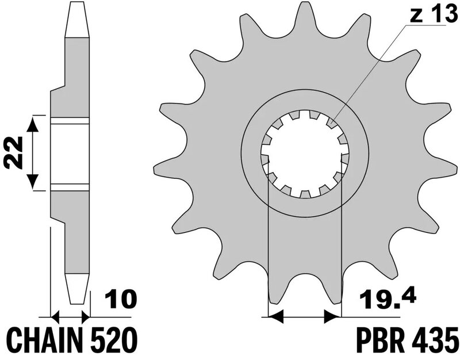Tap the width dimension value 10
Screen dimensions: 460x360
[120, 299]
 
